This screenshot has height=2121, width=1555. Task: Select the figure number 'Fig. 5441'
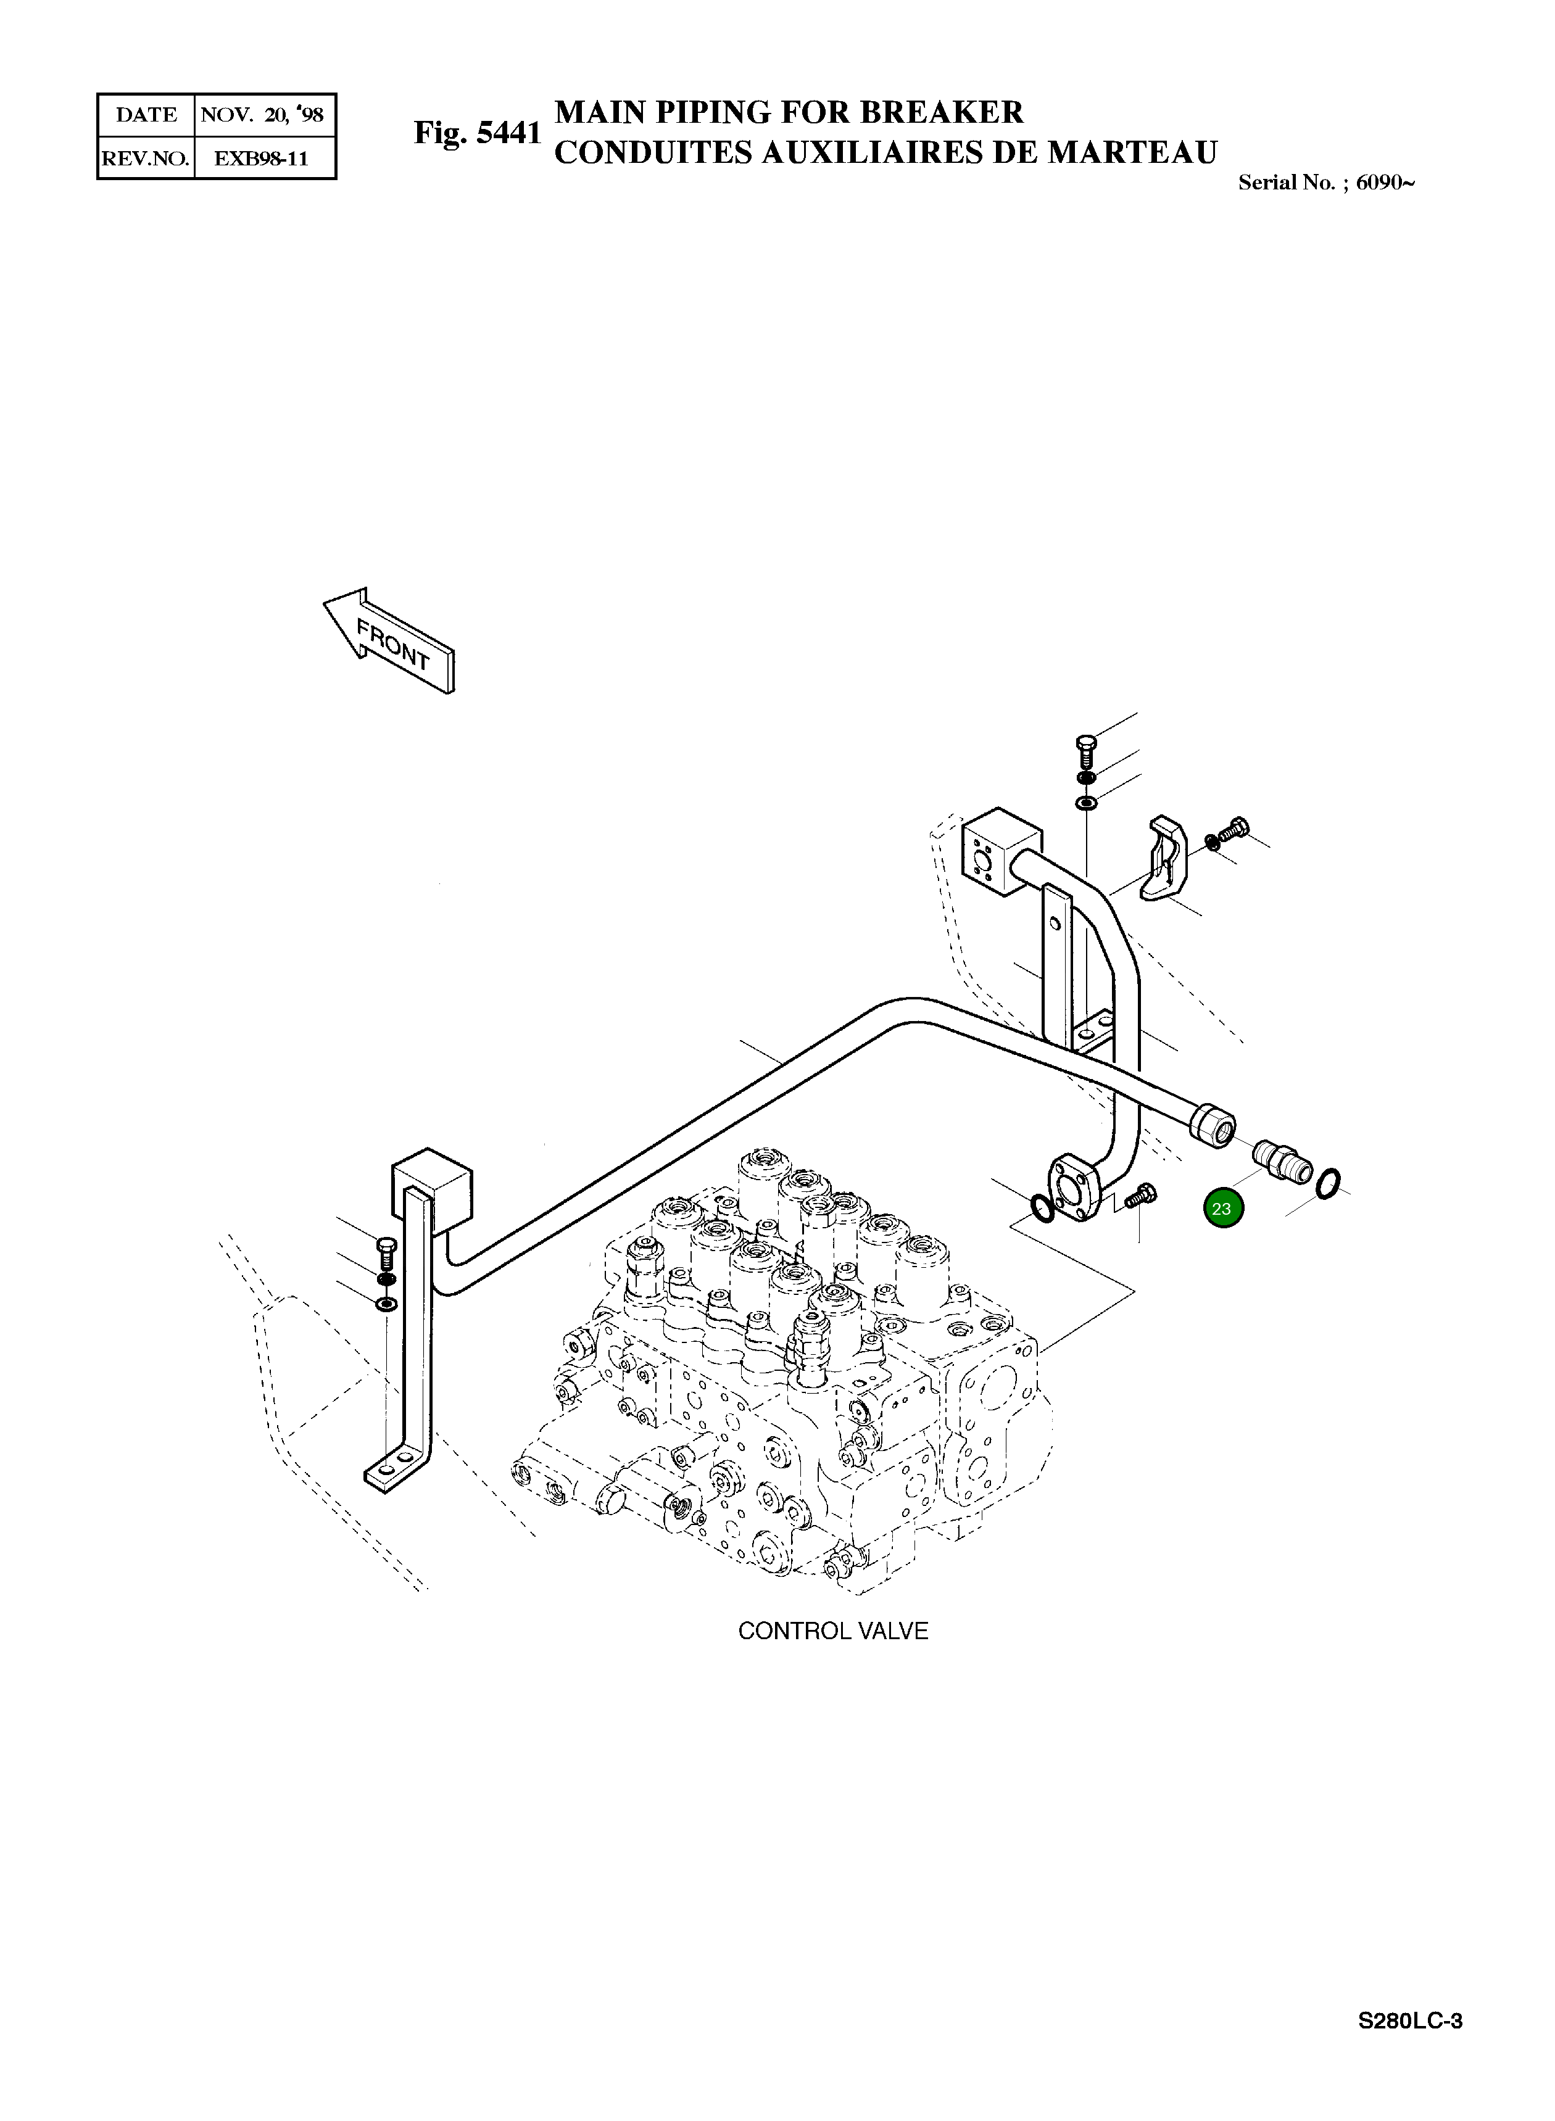tap(477, 133)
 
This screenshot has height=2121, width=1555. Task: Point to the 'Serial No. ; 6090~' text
tap(1325, 183)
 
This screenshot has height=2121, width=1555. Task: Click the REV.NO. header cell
tap(146, 158)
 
